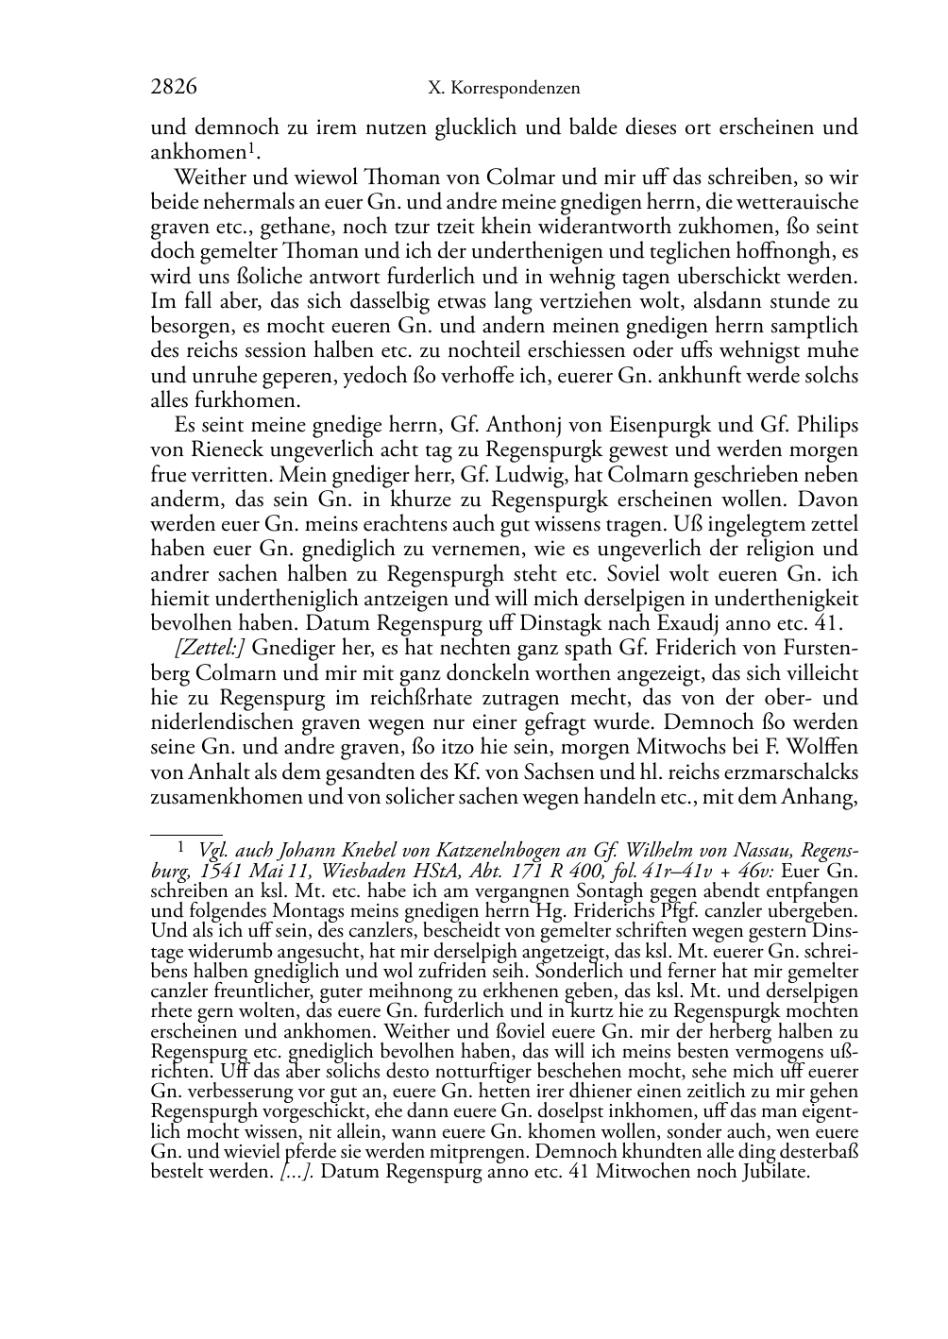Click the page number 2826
[x=174, y=88]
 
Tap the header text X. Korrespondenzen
[x=503, y=89]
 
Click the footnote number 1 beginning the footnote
[x=182, y=848]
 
